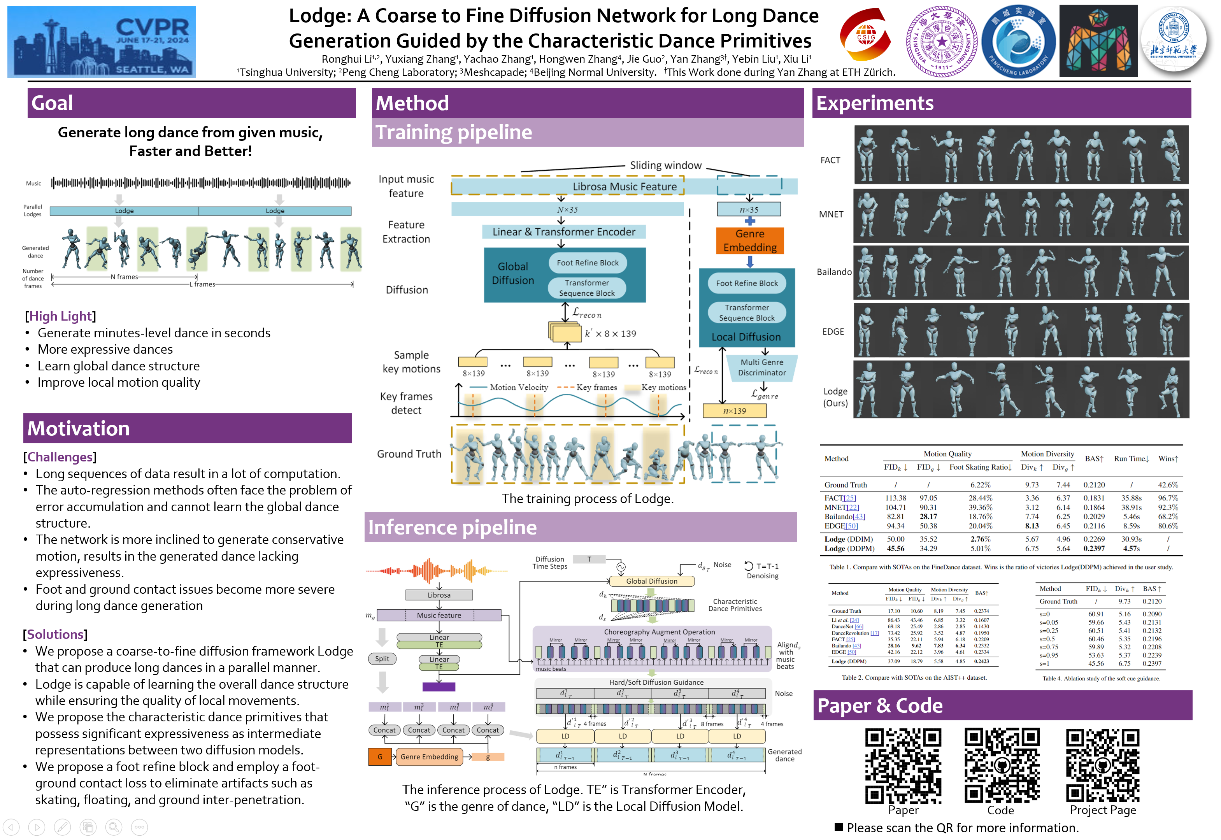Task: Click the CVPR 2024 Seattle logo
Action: click(x=102, y=42)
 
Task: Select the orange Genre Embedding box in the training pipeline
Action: click(x=749, y=240)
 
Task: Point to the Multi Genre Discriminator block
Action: click(x=761, y=367)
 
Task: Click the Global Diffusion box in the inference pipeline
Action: click(x=652, y=581)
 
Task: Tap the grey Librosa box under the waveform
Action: click(x=439, y=595)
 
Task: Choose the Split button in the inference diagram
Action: click(x=382, y=659)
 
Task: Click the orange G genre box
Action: click(x=379, y=757)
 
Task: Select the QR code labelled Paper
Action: click(x=903, y=766)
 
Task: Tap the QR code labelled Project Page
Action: click(x=1103, y=766)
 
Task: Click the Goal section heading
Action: click(x=53, y=103)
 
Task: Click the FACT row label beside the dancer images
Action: click(x=830, y=160)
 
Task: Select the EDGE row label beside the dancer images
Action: click(x=833, y=331)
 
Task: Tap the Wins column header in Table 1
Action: click(x=1167, y=459)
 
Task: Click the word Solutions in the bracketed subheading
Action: click(x=55, y=635)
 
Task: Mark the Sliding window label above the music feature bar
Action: click(x=666, y=165)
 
